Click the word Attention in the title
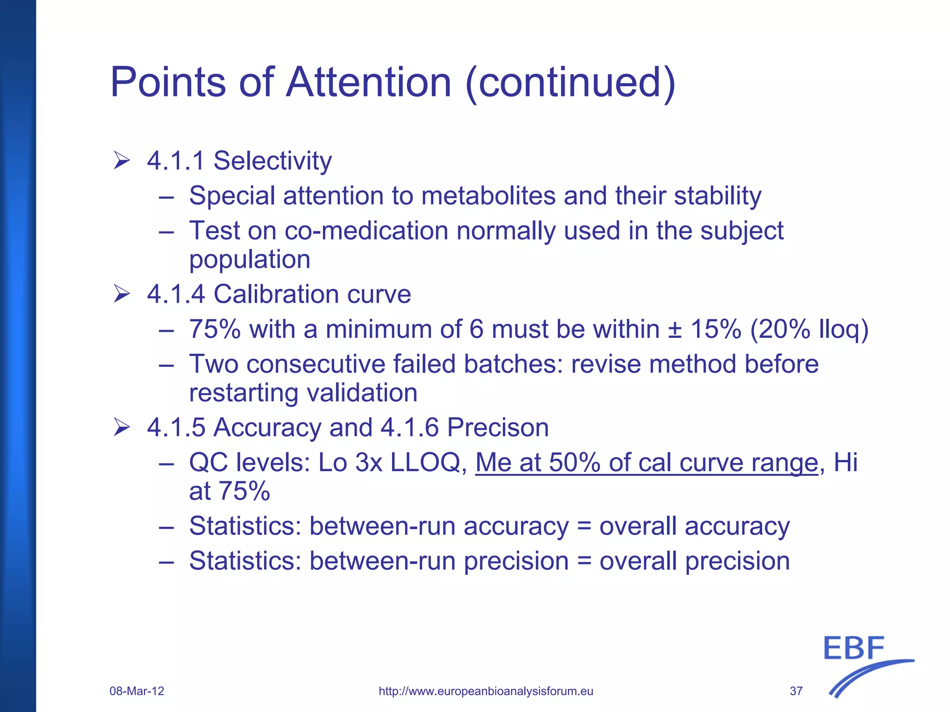coord(369,82)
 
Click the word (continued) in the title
coord(570,82)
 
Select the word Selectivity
coord(272,161)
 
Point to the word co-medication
coord(366,231)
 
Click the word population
coord(250,259)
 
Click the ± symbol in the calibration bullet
coord(674,330)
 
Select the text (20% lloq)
coord(809,330)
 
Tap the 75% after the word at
coord(244,491)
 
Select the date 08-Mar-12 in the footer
coord(137,691)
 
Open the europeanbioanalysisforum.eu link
coord(486,691)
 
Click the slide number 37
coord(796,691)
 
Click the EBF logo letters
coord(854,648)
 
